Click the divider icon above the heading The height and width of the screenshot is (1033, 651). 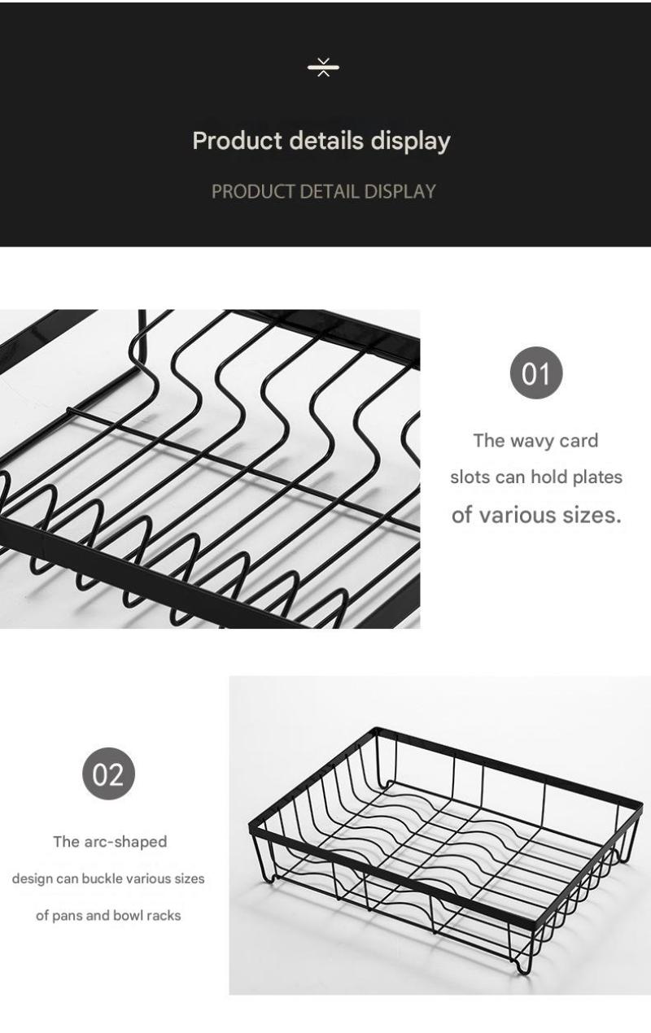coord(323,68)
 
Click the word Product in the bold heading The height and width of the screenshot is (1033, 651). coord(237,140)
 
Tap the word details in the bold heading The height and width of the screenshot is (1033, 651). coord(326,140)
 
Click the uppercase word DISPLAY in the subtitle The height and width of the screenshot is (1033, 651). coord(400,191)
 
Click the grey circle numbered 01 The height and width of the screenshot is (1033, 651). coord(536,373)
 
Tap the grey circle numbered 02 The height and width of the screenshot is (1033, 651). coord(108,774)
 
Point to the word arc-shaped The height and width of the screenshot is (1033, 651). coord(125,842)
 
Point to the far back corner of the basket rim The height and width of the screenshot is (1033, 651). coord(378,729)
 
